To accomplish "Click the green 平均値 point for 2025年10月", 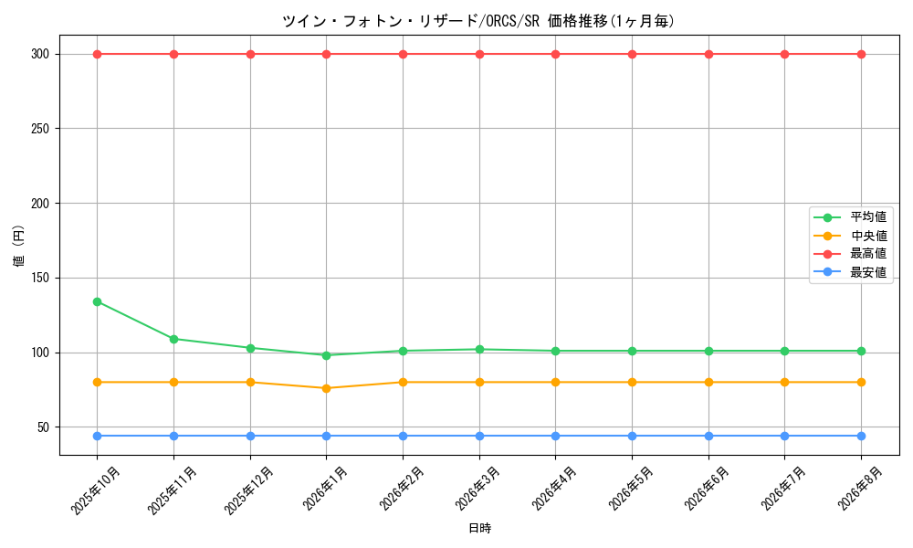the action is [x=98, y=301].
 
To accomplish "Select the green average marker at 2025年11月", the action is [x=173, y=339].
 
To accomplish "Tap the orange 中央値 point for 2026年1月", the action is [x=326, y=388].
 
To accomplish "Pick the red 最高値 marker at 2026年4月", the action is [x=555, y=54].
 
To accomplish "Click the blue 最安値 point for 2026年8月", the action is [x=861, y=437].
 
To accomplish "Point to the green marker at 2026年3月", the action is [x=479, y=350].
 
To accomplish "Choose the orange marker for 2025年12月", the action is [x=250, y=383].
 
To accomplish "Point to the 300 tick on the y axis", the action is [x=41, y=54].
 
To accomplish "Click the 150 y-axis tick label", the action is [x=41, y=279].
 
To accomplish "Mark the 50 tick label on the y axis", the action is [x=44, y=427].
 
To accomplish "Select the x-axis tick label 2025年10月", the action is [x=96, y=490].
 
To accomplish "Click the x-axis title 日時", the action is [x=480, y=528].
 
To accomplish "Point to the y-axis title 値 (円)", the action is [x=18, y=246].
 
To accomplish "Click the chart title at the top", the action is [x=478, y=21].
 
